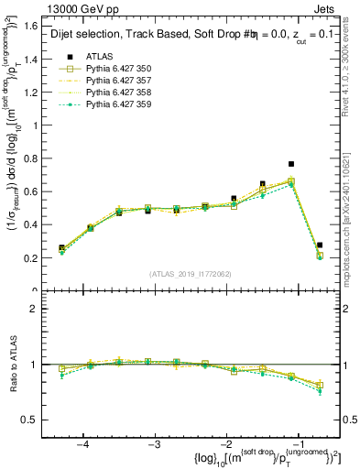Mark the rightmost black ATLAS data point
(320, 245)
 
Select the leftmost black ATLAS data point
(61, 248)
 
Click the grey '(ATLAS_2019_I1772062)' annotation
(191, 274)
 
